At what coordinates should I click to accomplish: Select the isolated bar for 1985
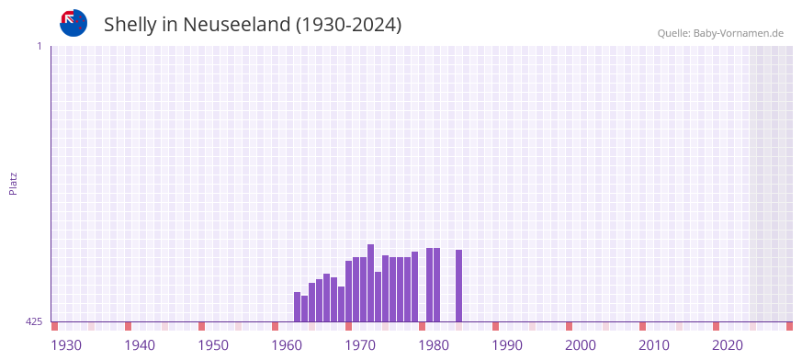[x=458, y=286]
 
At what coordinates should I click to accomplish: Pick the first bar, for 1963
[x=297, y=307]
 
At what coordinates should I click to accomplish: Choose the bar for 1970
[x=348, y=291]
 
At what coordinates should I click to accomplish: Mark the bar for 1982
[x=436, y=285]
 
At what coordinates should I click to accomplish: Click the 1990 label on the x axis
[x=507, y=345]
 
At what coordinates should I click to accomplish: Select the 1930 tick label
[x=66, y=345]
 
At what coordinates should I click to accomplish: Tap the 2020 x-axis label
[x=728, y=345]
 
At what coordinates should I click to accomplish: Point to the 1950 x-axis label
[x=213, y=345]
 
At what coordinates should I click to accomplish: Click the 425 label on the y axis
[x=34, y=322]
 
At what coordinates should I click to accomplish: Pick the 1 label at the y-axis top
[x=39, y=46]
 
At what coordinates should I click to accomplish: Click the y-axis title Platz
[x=13, y=183]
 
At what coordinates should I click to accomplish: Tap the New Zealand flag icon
[x=73, y=23]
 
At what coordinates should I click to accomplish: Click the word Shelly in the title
[x=130, y=25]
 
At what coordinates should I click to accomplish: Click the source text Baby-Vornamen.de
[x=740, y=33]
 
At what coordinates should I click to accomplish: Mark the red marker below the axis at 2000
[x=569, y=326]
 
